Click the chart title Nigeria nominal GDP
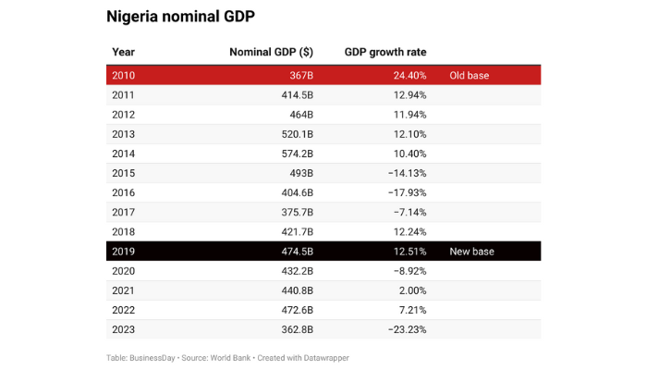180,16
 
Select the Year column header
123,52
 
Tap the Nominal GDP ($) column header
271,52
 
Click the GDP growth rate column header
385,52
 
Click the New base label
471,251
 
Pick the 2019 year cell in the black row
123,251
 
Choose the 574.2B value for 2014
294,154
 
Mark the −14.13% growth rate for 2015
404,173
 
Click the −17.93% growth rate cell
404,192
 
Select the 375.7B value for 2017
294,212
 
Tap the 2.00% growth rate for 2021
409,290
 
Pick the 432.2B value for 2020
294,270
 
